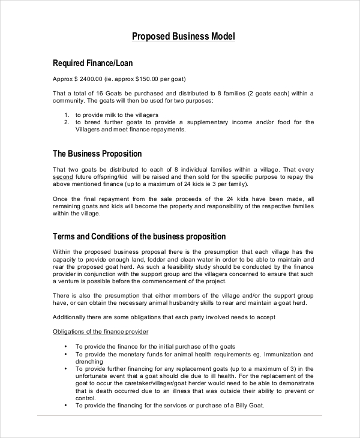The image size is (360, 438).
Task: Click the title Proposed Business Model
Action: point(184,37)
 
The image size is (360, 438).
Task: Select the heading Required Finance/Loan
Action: point(93,63)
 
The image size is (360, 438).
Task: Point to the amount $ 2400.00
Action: point(86,79)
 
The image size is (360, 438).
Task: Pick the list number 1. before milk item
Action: point(67,114)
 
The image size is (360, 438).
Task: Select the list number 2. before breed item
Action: point(67,122)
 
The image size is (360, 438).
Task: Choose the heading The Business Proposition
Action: point(97,154)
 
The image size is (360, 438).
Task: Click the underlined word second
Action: point(63,177)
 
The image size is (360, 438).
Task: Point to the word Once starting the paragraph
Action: point(61,199)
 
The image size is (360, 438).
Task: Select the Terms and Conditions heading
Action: point(139,236)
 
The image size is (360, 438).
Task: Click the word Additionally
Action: point(71,317)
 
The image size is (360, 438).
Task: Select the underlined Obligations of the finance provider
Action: point(101,332)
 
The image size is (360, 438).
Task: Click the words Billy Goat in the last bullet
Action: point(247,405)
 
